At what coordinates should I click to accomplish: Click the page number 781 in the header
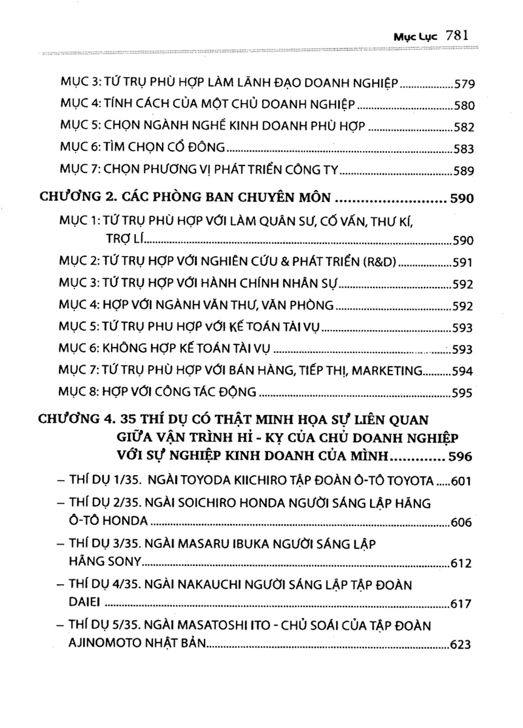(x=455, y=35)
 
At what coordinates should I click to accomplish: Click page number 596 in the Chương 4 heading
(x=460, y=455)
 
